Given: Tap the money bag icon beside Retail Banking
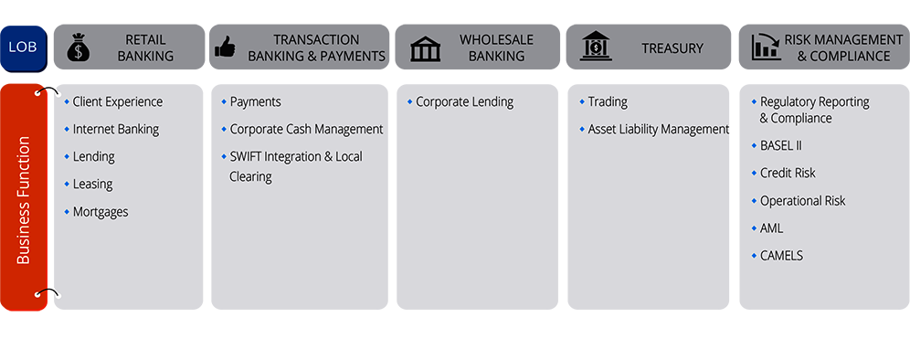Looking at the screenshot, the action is [79, 48].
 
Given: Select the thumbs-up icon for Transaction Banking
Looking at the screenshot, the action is [225, 48].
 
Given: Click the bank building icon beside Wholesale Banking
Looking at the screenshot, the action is [425, 48].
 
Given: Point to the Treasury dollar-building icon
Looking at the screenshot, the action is [596, 47].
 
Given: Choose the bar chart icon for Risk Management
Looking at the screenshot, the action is [765, 48].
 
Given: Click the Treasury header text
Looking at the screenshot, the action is [672, 48].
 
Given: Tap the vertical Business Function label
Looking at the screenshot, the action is [24, 200].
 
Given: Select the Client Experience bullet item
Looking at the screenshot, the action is [117, 102].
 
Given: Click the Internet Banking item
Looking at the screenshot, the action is [115, 130].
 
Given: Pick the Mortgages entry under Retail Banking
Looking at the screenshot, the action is [101, 212].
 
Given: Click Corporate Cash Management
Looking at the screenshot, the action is [306, 130].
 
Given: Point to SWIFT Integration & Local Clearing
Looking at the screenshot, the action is [294, 166].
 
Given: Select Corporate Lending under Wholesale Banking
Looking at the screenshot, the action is [464, 102].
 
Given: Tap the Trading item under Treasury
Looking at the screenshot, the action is [608, 102].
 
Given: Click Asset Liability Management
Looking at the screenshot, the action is [657, 130].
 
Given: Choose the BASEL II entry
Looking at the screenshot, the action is [780, 146].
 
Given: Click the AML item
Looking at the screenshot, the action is [771, 228].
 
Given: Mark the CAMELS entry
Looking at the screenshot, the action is [781, 256].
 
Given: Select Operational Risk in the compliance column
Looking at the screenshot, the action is [802, 201].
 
